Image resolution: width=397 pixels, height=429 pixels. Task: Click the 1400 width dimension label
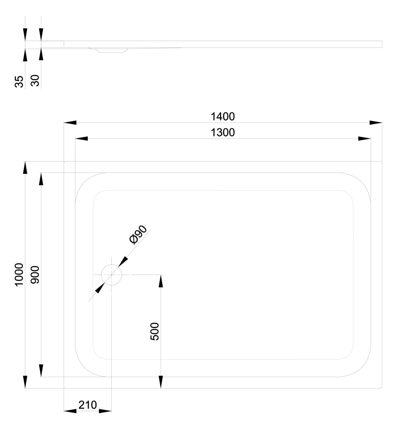pos(222,117)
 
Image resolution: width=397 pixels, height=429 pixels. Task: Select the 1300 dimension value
pos(222,132)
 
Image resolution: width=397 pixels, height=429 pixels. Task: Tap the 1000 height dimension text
pos(19,274)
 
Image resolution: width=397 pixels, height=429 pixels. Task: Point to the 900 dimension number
pos(35,274)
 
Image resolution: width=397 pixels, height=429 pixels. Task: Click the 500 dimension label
pos(155,331)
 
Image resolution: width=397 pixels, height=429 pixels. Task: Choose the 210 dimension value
pos(88,405)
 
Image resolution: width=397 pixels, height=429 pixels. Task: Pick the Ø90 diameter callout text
pos(138,235)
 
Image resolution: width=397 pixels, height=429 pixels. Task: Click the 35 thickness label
pos(19,81)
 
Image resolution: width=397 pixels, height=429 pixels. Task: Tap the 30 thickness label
pos(35,80)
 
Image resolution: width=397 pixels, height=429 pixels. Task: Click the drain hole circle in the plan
pos(111,274)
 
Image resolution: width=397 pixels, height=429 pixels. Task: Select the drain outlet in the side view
pos(111,50)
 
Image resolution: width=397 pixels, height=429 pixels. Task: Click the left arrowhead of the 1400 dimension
pos(70,123)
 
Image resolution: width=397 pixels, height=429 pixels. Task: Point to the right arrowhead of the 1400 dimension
pos(376,123)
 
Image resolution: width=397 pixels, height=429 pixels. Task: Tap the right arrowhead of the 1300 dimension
pos(365,139)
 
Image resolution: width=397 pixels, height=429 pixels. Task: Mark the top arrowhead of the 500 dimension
pos(161,281)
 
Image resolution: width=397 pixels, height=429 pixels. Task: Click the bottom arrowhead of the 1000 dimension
pos(25,382)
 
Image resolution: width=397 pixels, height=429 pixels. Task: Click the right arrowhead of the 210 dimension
pos(105,411)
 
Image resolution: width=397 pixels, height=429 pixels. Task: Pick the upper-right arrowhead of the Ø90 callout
pos(123,262)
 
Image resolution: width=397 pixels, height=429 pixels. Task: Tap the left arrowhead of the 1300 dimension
pos(81,139)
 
